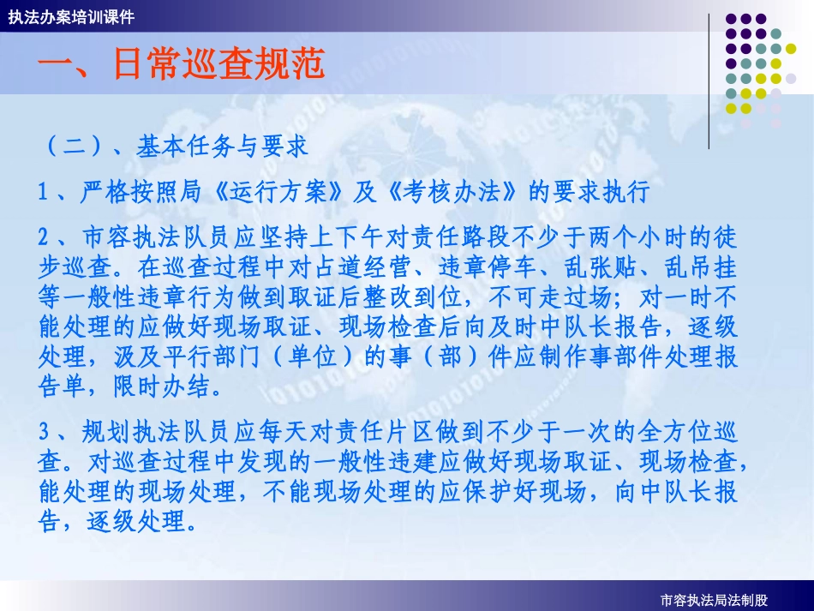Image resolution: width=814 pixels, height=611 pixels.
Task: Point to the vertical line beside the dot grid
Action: click(709, 81)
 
